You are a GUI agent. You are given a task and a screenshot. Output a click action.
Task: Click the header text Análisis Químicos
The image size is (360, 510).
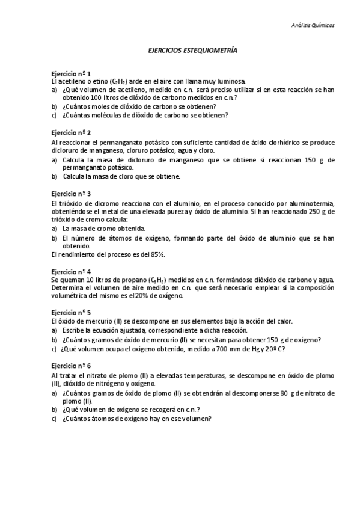click(313, 25)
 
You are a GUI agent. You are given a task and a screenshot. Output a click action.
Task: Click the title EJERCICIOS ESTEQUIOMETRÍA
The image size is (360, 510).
click(192, 52)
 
